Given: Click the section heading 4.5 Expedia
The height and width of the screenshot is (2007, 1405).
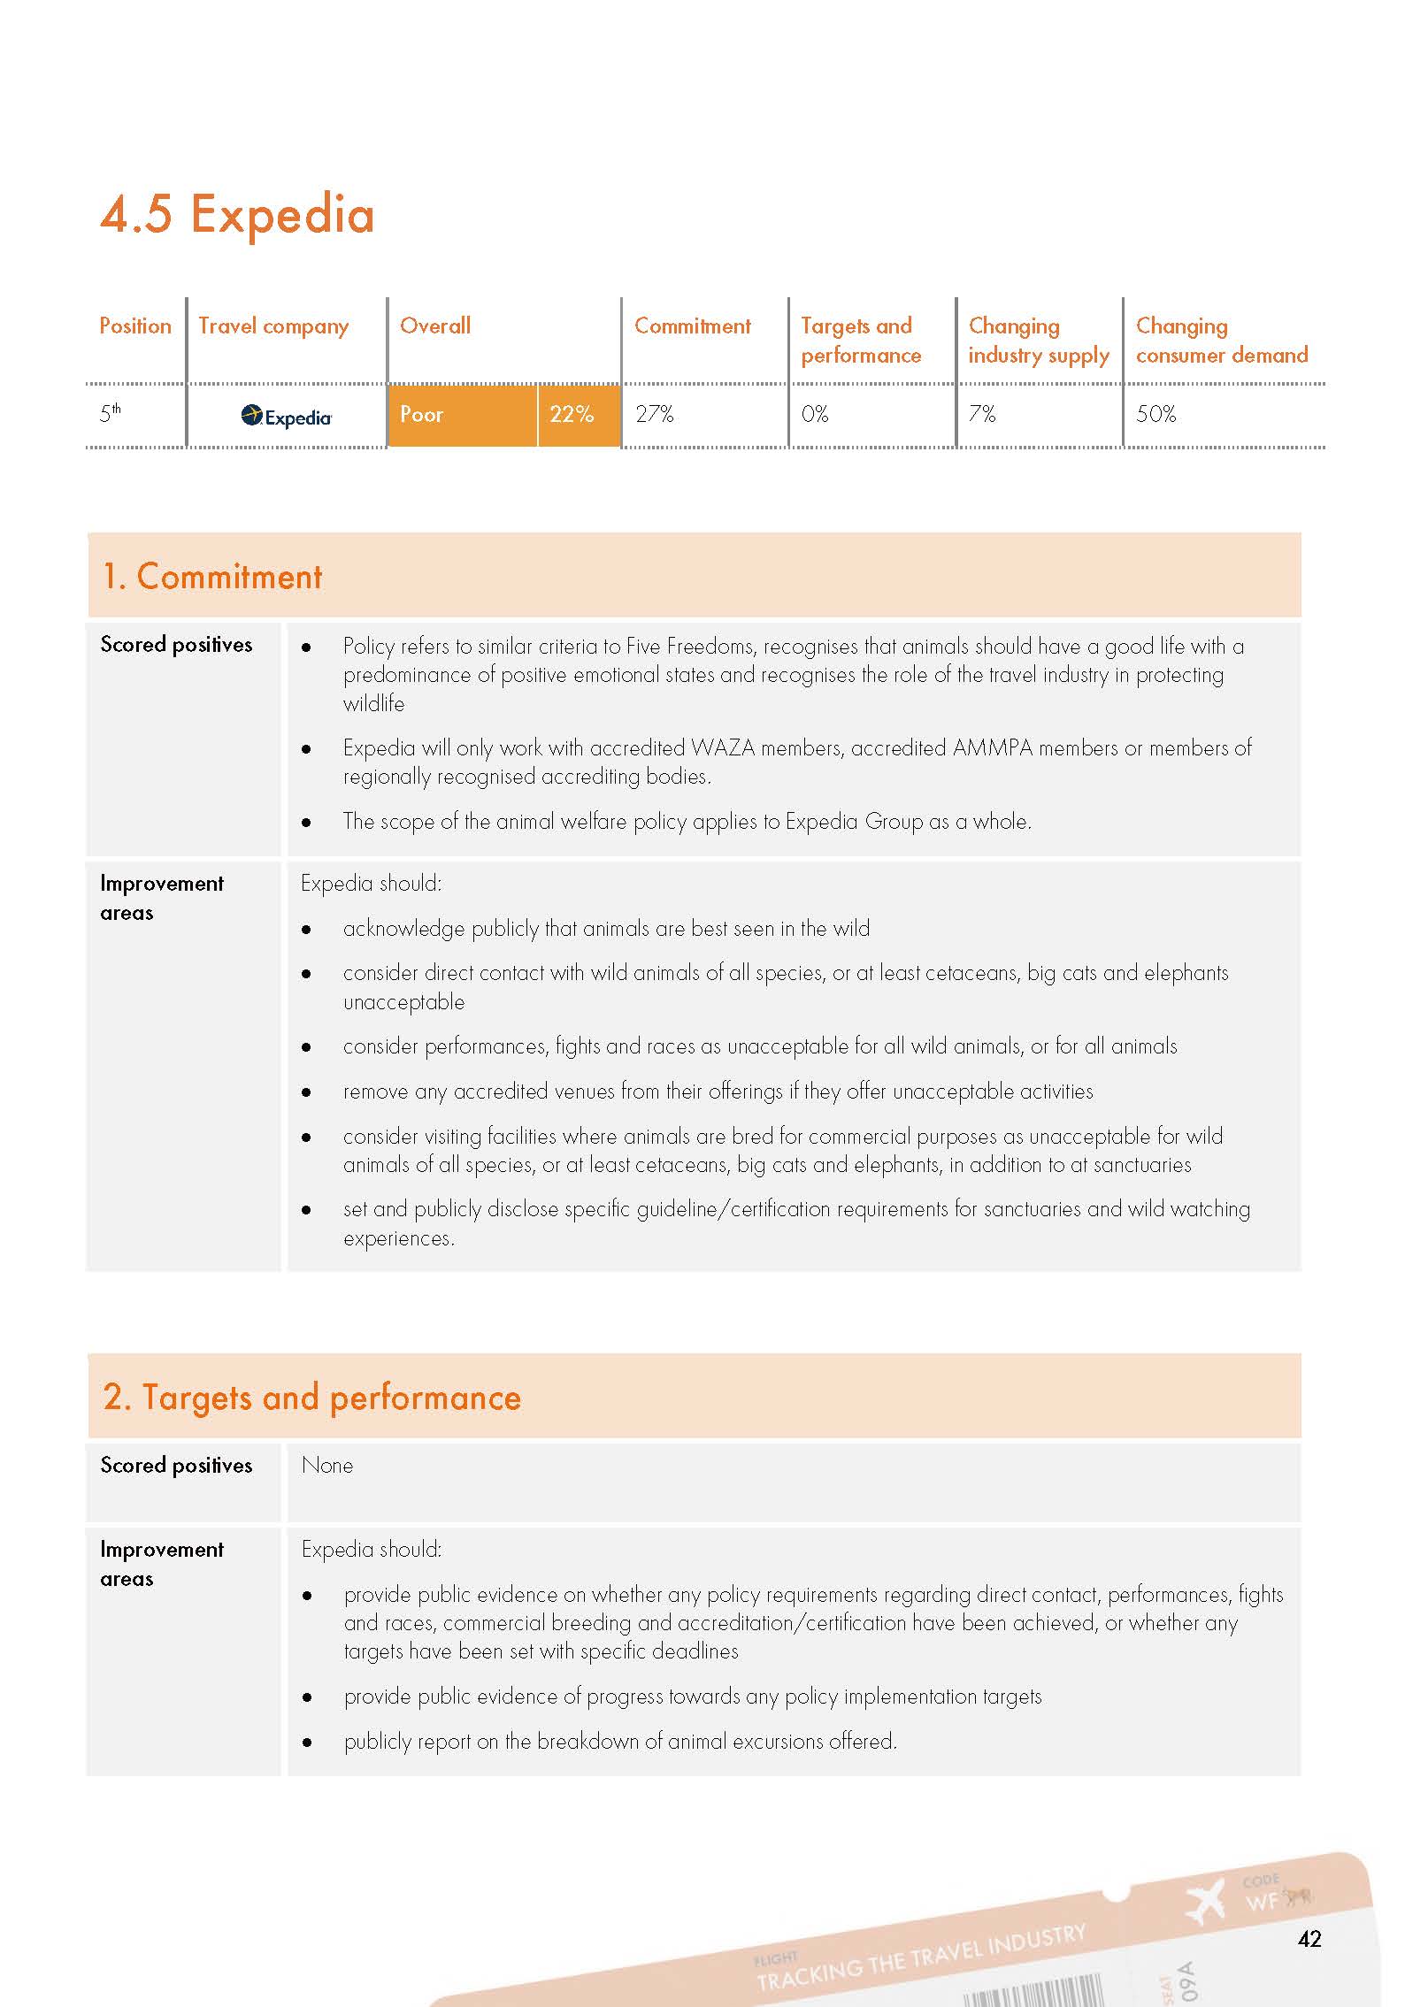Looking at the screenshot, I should (x=237, y=215).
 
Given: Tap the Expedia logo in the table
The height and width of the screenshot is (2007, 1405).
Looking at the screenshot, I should (x=287, y=416).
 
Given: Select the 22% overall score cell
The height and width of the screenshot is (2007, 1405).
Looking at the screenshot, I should (x=572, y=414).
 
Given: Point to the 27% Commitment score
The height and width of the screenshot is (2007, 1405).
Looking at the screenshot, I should (x=655, y=414).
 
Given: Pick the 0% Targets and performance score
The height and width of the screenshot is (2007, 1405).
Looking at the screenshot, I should (x=815, y=414).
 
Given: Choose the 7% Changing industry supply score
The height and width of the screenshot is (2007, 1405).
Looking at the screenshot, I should (x=982, y=414).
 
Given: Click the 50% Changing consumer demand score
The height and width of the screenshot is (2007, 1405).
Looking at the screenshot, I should (x=1155, y=414).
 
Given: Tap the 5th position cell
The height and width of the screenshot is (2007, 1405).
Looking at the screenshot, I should (x=111, y=413).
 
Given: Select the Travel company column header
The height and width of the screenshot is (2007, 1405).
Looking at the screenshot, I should (x=273, y=326).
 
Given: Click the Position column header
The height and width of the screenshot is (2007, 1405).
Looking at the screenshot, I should (x=135, y=326).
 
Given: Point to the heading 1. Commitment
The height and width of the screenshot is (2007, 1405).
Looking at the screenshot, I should (x=212, y=577).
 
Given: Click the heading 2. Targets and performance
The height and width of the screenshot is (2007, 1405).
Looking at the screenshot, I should (x=311, y=1398).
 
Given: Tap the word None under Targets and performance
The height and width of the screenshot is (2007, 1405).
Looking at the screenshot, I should (x=327, y=1466).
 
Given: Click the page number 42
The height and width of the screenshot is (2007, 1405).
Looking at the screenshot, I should (x=1309, y=1939).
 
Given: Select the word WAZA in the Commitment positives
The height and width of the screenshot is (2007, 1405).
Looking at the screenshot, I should (x=723, y=748).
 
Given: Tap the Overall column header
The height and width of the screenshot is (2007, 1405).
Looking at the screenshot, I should (x=435, y=326).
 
